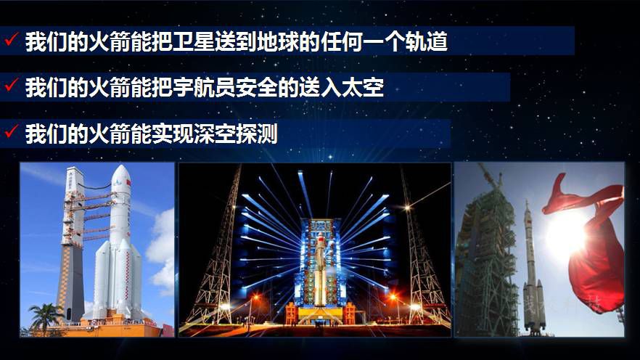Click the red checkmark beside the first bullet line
[11, 40]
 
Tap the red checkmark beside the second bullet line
[11, 86]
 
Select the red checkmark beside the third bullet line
[11, 132]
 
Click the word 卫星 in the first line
[194, 41]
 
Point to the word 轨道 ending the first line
[426, 41]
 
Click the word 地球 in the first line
[277, 41]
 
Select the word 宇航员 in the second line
[204, 88]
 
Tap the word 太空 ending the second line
[363, 88]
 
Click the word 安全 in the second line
[256, 88]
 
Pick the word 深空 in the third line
[214, 134]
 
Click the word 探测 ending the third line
[256, 134]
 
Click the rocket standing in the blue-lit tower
[319, 269]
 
